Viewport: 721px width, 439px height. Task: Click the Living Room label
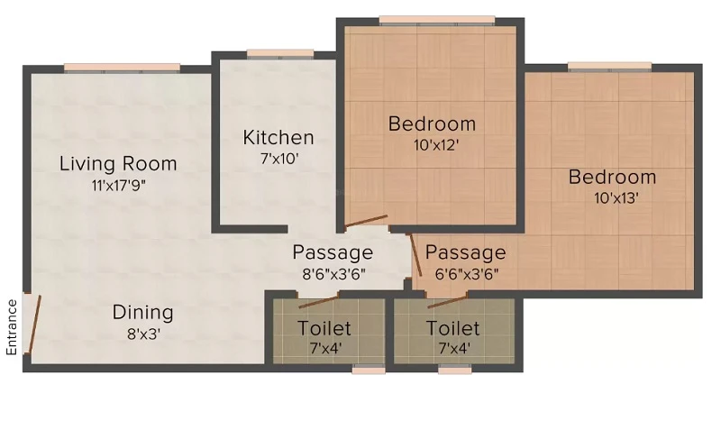point(118,164)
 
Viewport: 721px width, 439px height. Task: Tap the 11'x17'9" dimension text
point(119,186)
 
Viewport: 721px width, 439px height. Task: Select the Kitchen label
point(278,137)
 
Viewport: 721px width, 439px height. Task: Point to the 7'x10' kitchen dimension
point(279,159)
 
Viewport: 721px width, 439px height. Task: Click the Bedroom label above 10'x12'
point(432,123)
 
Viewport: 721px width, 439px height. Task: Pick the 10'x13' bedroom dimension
point(616,198)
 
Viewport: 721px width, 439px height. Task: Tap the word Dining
point(143,313)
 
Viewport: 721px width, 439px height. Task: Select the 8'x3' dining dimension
point(143,334)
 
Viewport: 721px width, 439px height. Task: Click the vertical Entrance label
point(12,327)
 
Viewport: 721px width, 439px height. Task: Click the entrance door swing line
point(35,325)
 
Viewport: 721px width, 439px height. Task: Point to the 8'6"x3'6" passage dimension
point(333,274)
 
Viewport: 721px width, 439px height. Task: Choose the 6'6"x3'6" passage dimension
point(467,274)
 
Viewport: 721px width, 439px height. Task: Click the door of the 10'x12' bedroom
point(366,221)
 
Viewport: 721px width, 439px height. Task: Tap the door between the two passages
point(416,255)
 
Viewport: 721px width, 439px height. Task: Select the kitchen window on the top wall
point(280,54)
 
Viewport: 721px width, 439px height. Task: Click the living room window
point(122,68)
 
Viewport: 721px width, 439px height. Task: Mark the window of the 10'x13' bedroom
point(610,67)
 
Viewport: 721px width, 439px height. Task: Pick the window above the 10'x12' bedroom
point(437,20)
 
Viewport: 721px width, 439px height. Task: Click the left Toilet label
point(324,328)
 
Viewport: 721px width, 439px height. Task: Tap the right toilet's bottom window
point(455,369)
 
